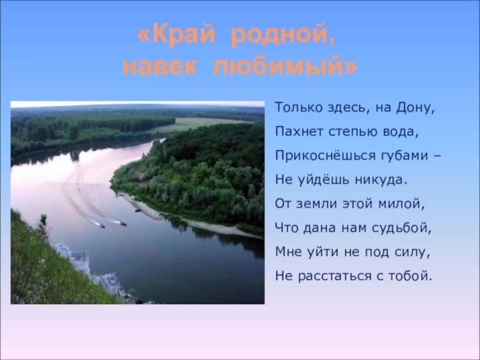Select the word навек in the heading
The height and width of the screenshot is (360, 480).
click(x=160, y=66)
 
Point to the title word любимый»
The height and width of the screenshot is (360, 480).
click(x=284, y=66)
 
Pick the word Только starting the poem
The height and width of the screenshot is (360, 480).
click(x=296, y=108)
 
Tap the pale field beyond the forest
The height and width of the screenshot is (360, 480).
click(x=200, y=123)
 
